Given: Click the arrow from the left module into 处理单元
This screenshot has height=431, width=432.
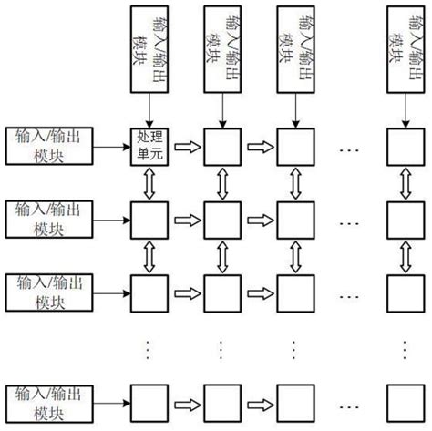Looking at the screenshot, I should click(x=111, y=146).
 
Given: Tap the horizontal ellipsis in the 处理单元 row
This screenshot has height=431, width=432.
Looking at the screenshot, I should click(x=349, y=147).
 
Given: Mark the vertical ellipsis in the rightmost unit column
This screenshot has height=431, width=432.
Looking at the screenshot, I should click(x=405, y=347).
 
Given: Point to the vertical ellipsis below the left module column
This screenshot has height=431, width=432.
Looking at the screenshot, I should click(x=48, y=347).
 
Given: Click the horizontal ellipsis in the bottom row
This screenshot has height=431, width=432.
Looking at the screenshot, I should click(x=349, y=401).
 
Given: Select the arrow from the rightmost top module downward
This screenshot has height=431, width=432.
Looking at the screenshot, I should click(x=405, y=110).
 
